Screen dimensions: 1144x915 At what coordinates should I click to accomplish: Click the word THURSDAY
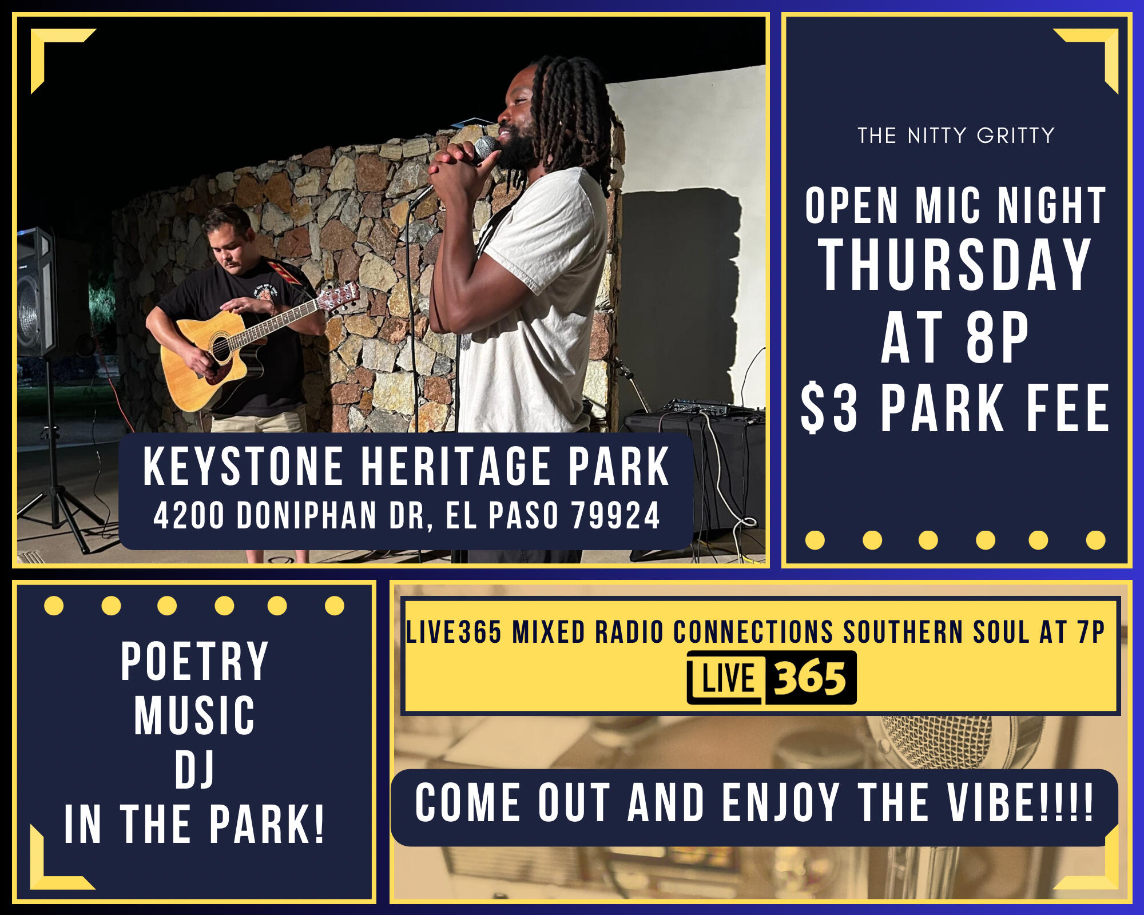click(x=955, y=264)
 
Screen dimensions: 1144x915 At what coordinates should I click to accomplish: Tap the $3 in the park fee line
click(x=829, y=408)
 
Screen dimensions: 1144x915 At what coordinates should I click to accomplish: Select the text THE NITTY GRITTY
click(x=956, y=136)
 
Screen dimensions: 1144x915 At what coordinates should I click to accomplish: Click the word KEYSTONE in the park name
click(x=243, y=467)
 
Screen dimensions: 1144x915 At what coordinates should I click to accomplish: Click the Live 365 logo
click(x=772, y=678)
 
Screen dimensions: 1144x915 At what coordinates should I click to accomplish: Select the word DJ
click(x=194, y=770)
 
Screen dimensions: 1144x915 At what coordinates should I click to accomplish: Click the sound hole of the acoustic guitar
click(x=220, y=349)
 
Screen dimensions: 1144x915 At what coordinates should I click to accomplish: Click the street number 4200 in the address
click(x=189, y=515)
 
